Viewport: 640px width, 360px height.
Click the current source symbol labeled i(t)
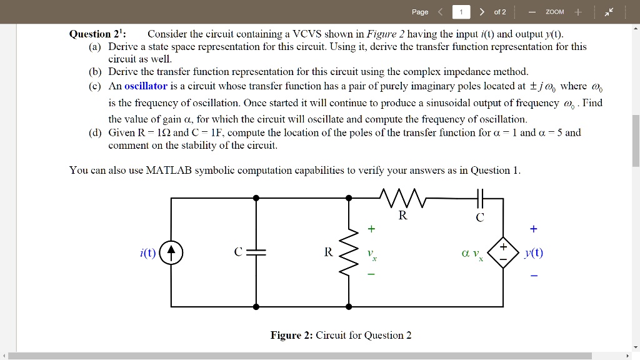171,253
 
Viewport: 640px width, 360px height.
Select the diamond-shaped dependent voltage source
503,252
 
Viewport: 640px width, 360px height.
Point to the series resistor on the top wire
403,198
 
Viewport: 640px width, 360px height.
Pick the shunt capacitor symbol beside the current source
256,252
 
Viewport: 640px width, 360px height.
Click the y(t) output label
534,252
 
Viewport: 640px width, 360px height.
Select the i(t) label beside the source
148,253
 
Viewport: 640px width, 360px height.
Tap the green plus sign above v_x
371,229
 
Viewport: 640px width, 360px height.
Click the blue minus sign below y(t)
533,275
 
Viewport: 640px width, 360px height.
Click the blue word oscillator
146,86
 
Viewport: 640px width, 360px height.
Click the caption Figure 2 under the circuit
341,335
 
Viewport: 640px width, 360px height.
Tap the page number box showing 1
461,12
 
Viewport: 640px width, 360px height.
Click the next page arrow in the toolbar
482,12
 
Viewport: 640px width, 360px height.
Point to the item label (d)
96,132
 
